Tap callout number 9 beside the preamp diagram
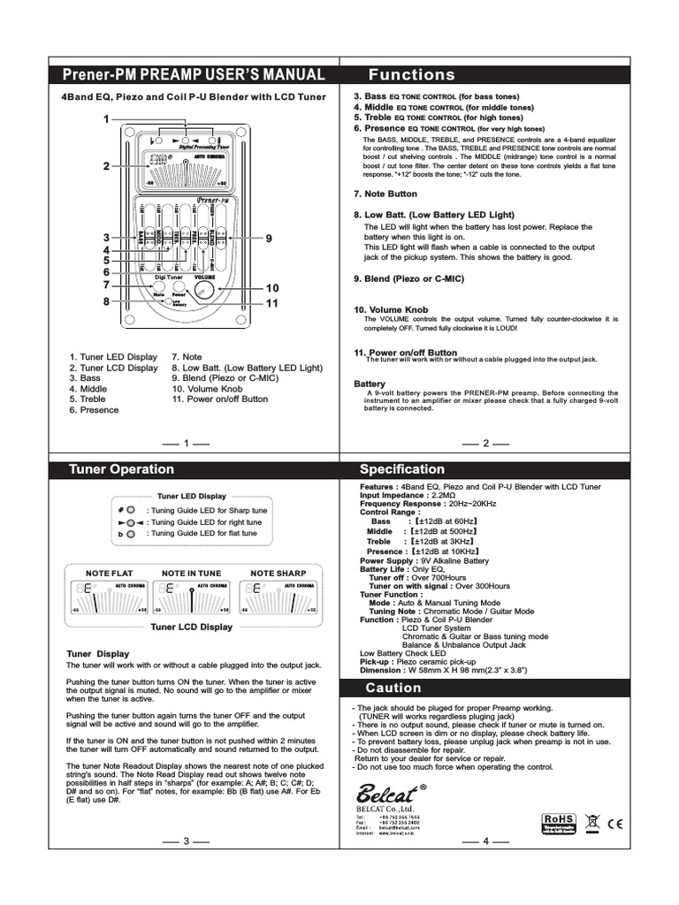269,239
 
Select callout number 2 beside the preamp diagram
106,165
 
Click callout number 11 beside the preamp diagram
271,303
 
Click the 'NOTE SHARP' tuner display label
278,573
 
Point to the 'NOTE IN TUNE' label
192,573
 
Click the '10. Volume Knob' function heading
391,309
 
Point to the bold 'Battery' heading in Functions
370,384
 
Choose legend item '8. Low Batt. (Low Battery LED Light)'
247,367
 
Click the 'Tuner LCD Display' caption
192,627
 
